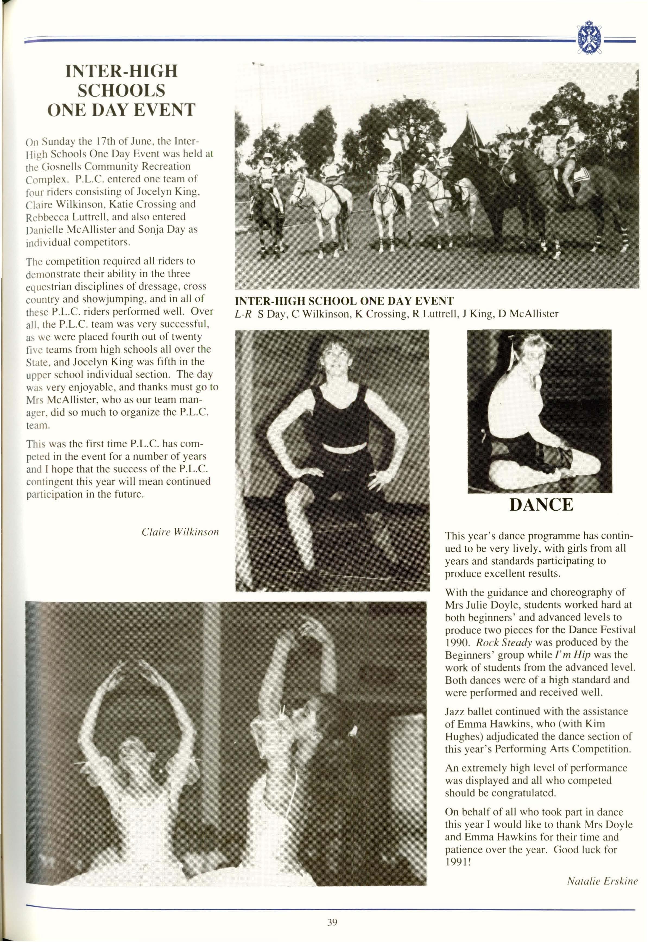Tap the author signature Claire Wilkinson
[180, 532]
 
